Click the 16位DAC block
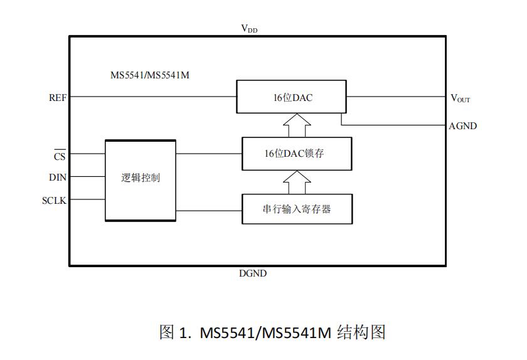tap(290, 97)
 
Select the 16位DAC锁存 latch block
tap(296, 153)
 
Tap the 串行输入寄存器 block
tap(296, 209)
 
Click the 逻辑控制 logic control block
tap(140, 179)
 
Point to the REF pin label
tap(57, 98)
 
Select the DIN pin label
tap(58, 177)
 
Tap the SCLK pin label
tap(54, 200)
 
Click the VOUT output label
tap(460, 98)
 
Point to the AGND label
tap(463, 126)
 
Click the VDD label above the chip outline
tap(249, 29)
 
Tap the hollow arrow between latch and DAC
tap(296, 125)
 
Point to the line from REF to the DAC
tap(151, 97)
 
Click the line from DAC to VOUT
tap(395, 97)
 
